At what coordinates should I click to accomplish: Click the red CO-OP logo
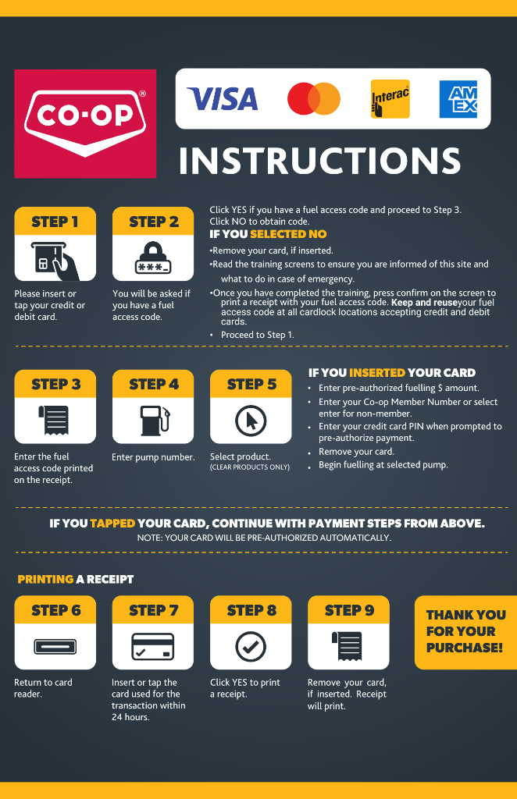tap(85, 124)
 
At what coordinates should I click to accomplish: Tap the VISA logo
tap(223, 99)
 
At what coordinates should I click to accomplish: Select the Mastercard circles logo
tap(314, 98)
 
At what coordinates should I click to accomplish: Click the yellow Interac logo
tap(390, 99)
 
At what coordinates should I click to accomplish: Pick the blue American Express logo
tap(458, 99)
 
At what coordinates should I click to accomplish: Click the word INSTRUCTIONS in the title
tap(319, 161)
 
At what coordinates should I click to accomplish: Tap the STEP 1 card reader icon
tap(55, 261)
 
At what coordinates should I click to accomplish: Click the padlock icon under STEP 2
tap(153, 258)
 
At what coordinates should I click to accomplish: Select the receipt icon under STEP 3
tap(54, 420)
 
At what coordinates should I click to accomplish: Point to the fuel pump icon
tap(155, 421)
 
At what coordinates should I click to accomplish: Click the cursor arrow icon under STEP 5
tap(251, 421)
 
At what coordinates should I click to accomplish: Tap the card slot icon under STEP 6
tap(55, 646)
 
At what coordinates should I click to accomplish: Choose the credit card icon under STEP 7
tap(153, 646)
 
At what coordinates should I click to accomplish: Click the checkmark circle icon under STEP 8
tap(251, 646)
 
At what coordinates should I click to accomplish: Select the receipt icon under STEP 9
tap(348, 645)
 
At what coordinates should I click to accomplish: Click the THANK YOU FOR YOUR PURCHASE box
tap(465, 632)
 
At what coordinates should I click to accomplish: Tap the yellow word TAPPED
tap(112, 524)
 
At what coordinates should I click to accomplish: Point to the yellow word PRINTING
tap(45, 580)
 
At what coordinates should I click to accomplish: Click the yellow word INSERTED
tap(376, 372)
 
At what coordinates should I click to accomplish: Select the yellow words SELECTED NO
tap(288, 234)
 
